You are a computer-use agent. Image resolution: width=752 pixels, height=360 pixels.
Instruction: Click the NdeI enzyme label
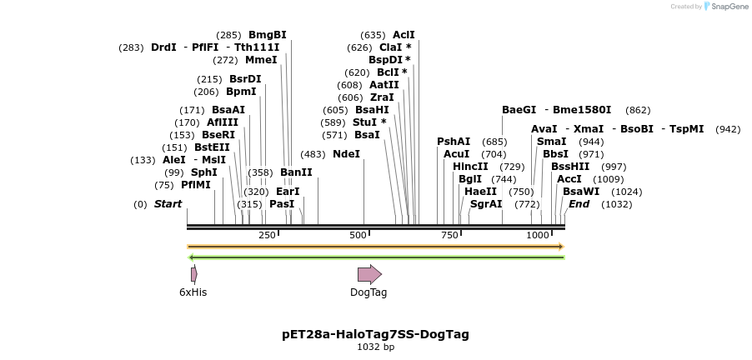346,154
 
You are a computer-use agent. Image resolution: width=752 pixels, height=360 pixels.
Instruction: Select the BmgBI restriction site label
267,35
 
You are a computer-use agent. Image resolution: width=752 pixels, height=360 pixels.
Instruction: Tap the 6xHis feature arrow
193,274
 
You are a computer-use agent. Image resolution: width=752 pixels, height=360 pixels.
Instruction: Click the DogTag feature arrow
368,274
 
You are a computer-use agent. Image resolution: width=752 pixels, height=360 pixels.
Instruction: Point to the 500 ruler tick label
358,235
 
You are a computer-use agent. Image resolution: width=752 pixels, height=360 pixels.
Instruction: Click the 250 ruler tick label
267,235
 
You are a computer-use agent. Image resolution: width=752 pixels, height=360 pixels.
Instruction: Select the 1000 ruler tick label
539,235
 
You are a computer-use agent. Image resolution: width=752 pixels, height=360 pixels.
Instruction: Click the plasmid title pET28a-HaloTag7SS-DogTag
375,334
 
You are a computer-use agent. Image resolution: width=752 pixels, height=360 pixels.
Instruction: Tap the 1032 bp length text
375,347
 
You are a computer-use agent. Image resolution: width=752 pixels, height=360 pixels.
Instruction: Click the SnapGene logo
725,7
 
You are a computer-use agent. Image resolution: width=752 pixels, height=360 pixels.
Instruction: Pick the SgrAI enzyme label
486,204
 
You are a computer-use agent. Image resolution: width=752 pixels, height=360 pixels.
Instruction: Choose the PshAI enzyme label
454,142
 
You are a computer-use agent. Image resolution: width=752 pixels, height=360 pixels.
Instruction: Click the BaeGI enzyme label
519,110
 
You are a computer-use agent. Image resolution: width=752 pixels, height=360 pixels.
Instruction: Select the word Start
168,204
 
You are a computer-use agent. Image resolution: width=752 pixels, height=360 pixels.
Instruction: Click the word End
579,204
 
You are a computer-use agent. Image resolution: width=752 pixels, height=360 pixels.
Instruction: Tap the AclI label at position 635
404,35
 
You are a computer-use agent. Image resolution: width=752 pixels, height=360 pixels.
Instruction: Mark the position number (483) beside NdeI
313,154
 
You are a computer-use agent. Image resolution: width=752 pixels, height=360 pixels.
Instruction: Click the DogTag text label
368,292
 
